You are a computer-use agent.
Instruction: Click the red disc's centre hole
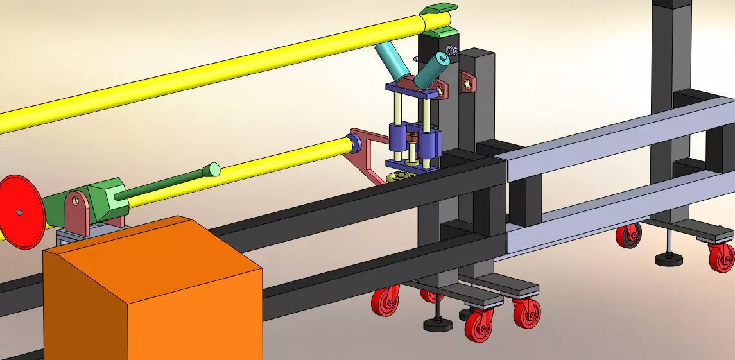[x=20, y=210]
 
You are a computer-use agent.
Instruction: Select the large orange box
[x=154, y=289]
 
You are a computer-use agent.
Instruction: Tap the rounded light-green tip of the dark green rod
[x=212, y=170]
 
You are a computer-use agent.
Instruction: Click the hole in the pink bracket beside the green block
[x=76, y=201]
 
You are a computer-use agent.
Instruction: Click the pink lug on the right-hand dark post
[x=469, y=81]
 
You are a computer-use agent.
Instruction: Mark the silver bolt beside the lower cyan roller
[x=453, y=50]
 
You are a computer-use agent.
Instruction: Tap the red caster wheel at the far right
[x=722, y=257]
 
